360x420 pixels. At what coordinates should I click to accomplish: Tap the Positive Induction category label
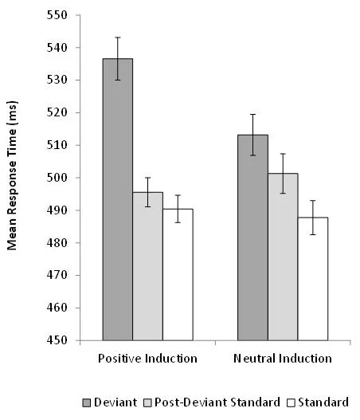point(147,359)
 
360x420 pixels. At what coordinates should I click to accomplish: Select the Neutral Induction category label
point(283,359)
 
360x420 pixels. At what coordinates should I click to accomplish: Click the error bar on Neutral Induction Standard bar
point(313,217)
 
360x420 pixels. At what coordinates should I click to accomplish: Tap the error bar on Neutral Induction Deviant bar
point(252,135)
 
